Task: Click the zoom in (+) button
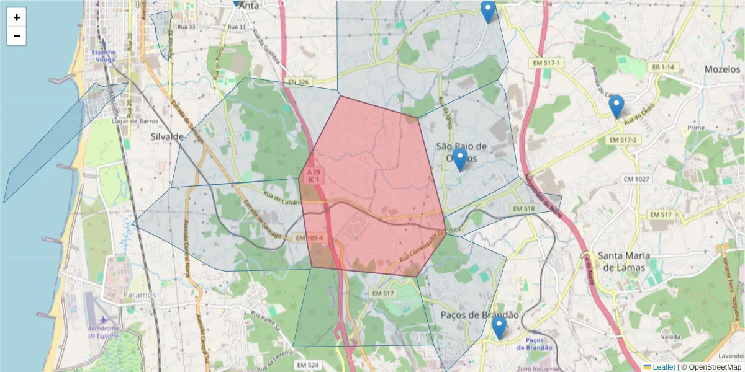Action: [17, 17]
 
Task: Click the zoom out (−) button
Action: [17, 36]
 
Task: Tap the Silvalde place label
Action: [167, 136]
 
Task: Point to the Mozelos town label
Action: [723, 69]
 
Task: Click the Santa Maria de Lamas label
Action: [624, 261]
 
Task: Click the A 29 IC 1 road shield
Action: [314, 175]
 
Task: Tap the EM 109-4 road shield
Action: [309, 237]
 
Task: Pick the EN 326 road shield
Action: [298, 82]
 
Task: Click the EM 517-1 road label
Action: [546, 63]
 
